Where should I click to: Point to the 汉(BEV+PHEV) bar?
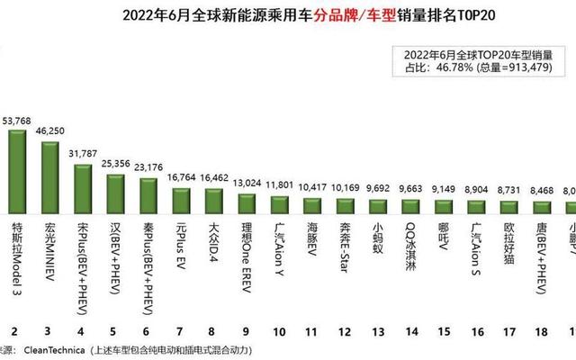click(x=116, y=193)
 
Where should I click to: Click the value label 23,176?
click(x=148, y=166)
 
